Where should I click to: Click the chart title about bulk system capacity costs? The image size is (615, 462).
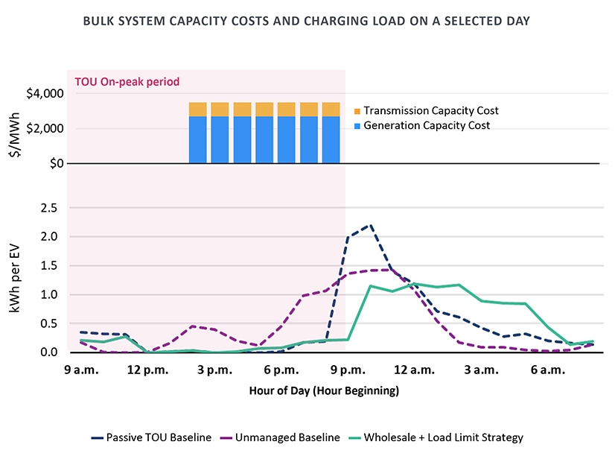(x=307, y=21)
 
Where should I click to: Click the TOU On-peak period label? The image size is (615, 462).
(x=125, y=80)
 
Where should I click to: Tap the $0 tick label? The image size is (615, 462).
(x=53, y=163)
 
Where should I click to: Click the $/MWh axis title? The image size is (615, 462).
(x=16, y=128)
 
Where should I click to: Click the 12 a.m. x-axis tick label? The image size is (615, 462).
(x=414, y=370)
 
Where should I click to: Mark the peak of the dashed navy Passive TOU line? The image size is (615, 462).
(x=370, y=224)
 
